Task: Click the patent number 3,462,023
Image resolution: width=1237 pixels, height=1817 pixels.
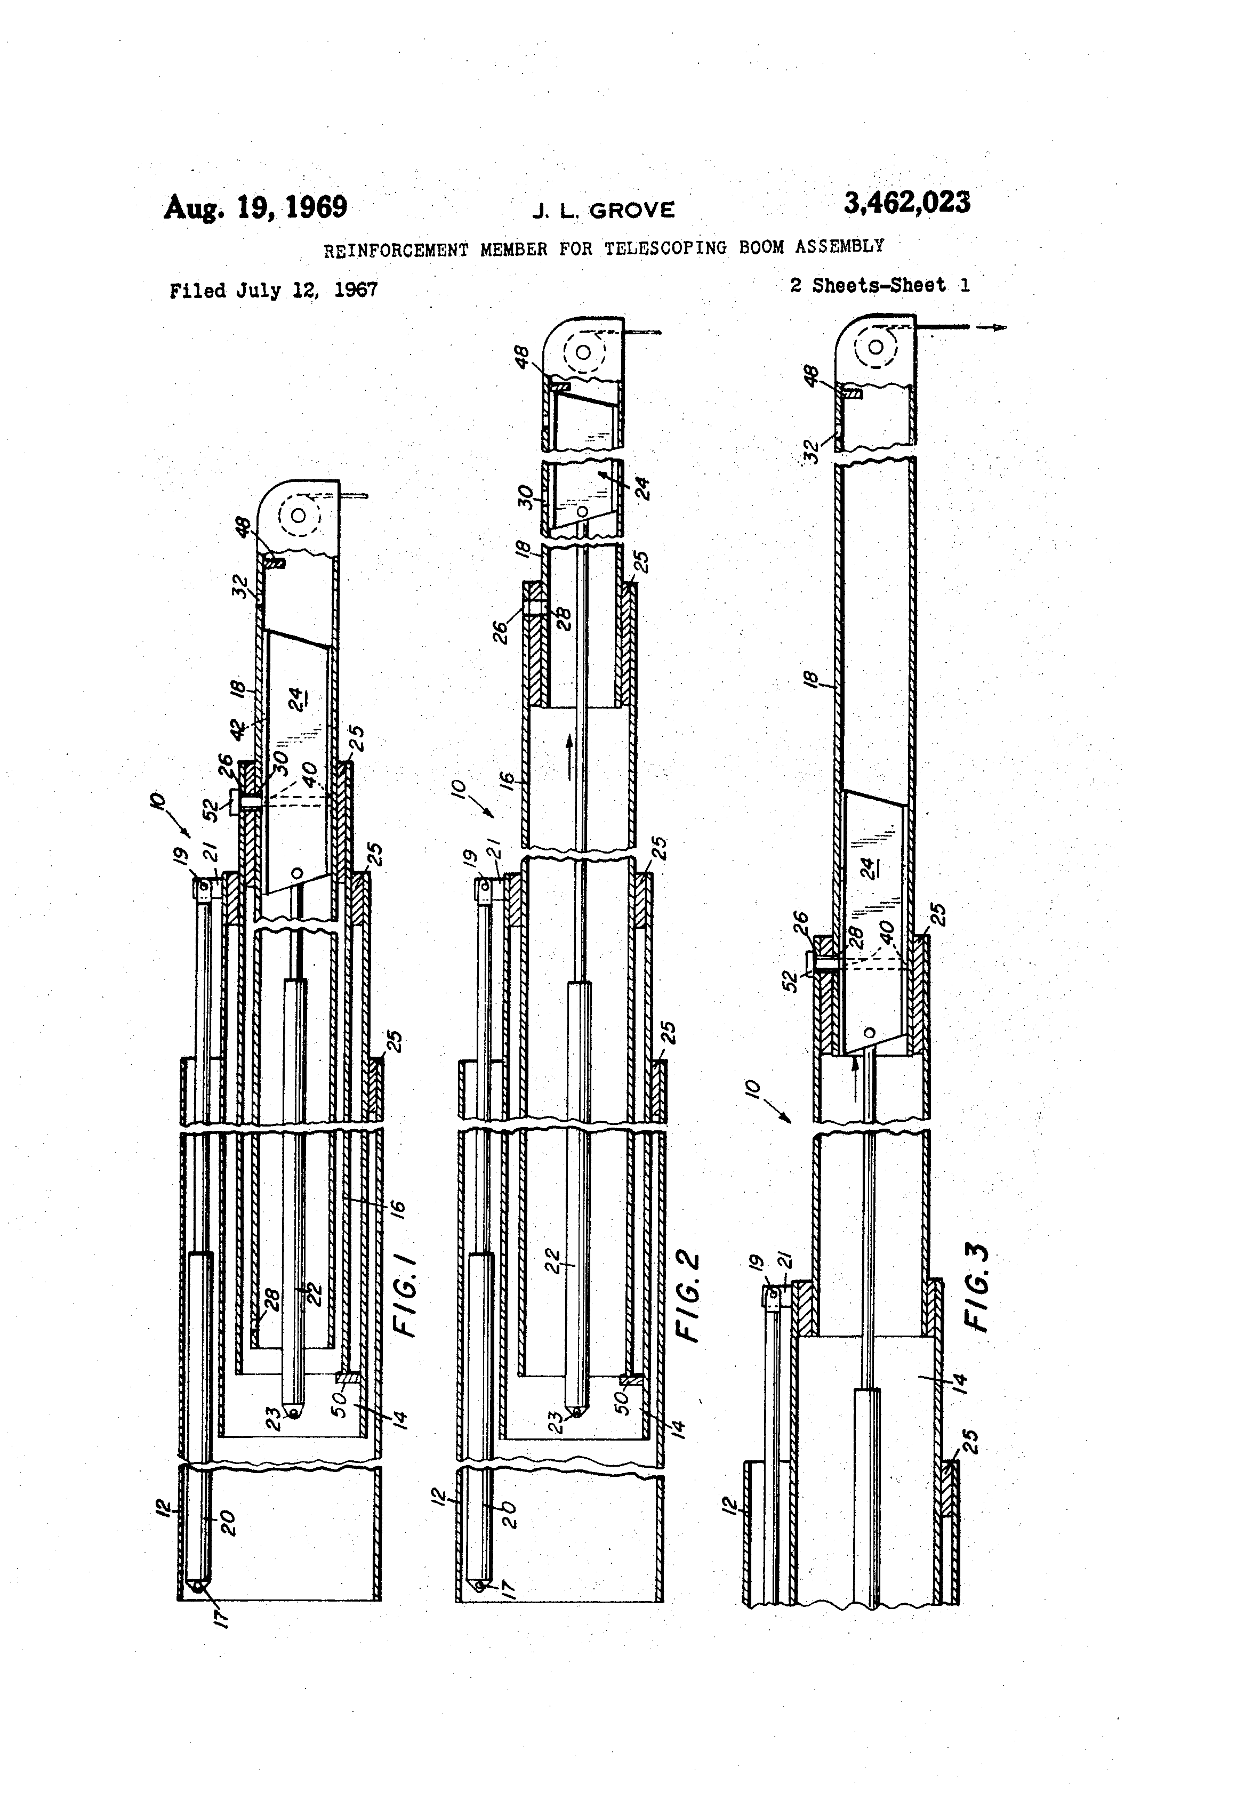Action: [906, 203]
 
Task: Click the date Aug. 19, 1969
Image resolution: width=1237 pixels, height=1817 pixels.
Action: [255, 208]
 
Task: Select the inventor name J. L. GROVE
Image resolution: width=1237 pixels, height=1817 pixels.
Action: [603, 210]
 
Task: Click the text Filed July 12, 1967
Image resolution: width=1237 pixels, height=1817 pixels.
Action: [274, 291]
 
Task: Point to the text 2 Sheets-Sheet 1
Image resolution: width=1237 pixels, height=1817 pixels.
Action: [880, 285]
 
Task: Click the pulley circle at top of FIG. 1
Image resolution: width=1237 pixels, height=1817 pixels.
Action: [298, 516]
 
